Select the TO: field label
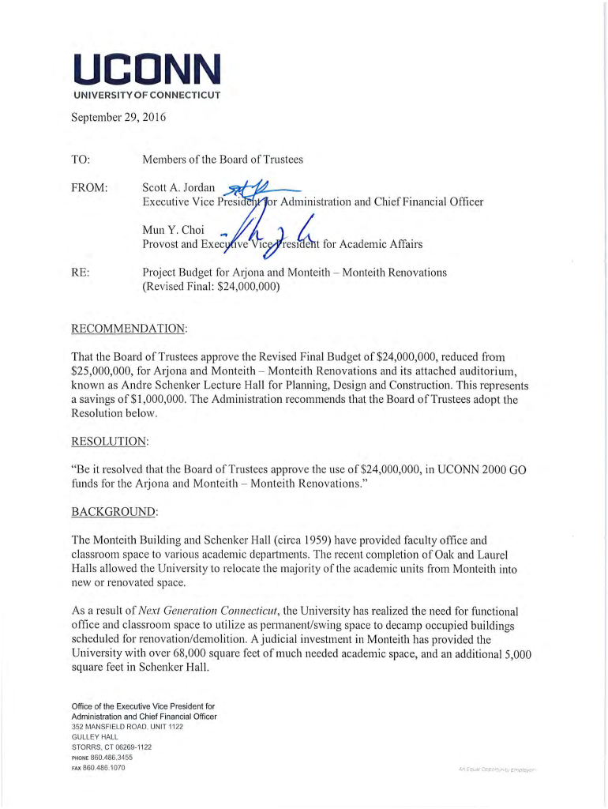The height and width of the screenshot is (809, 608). pyautogui.click(x=81, y=160)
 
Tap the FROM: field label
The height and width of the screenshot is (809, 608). pyautogui.click(x=89, y=189)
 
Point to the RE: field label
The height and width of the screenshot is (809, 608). pyautogui.click(x=80, y=273)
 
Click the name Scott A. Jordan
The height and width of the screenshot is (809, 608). pyautogui.click(x=173, y=189)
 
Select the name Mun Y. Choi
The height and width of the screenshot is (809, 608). pyautogui.click(x=167, y=230)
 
